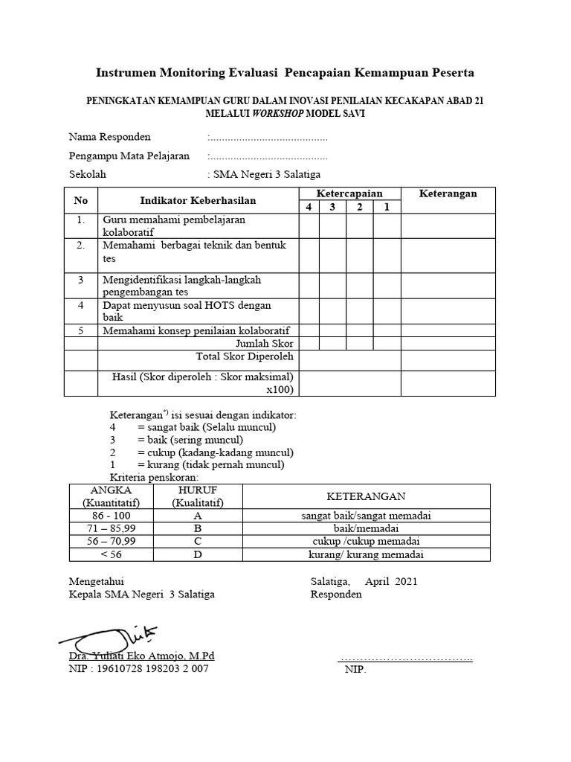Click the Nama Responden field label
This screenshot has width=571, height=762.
pos(109,137)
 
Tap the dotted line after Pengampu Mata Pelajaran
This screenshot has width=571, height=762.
pos(268,156)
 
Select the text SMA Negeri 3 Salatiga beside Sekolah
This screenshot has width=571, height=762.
pos(266,175)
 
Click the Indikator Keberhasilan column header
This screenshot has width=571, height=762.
pos(198,200)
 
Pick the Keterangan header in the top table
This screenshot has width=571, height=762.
pos(448,194)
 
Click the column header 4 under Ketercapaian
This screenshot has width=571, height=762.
pos(309,207)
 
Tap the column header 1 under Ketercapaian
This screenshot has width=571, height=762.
pos(387,207)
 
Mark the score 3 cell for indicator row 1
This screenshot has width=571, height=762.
pos(333,225)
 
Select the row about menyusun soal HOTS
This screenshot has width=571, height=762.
pos(187,311)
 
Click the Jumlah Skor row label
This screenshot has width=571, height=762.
pos(265,344)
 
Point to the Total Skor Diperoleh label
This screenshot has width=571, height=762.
pos(245,356)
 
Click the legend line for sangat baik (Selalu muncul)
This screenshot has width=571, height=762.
pos(193,427)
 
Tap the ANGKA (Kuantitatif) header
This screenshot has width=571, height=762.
pos(111,496)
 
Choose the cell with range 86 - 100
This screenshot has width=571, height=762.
pos(111,516)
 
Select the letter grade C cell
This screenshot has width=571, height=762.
pos(198,541)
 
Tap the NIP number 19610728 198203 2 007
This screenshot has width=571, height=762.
pos(139,669)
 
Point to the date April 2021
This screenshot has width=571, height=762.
pos(391,581)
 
